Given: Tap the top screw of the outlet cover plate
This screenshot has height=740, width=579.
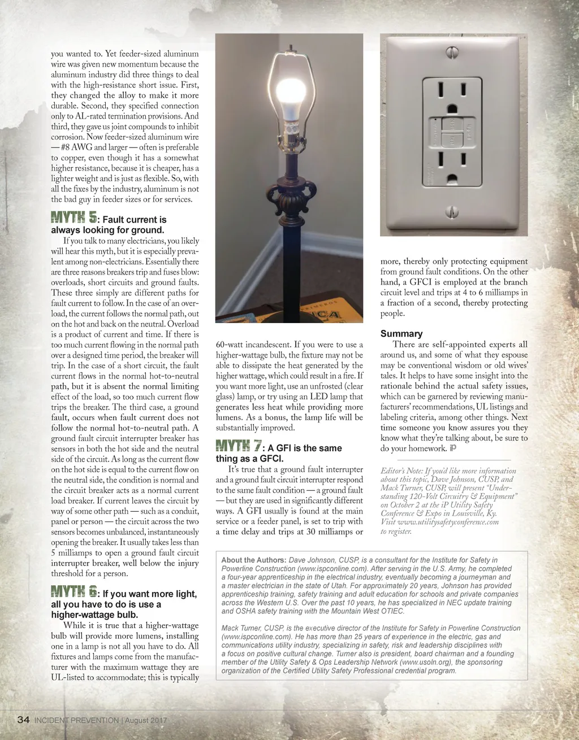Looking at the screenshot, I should (x=451, y=52).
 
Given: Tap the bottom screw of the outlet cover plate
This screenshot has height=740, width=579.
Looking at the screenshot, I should (x=451, y=212).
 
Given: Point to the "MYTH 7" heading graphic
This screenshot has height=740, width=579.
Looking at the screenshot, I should (x=238, y=446).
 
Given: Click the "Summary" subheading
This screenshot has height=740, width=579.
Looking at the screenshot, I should (x=401, y=334).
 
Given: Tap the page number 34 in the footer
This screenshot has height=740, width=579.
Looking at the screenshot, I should (x=23, y=720).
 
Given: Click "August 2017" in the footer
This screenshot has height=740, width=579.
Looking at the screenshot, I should (x=146, y=720).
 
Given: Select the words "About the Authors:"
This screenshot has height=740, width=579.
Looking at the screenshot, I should (x=253, y=560).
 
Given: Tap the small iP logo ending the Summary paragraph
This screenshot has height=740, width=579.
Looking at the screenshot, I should (x=453, y=449).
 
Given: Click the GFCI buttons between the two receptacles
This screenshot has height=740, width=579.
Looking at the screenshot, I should (x=451, y=131).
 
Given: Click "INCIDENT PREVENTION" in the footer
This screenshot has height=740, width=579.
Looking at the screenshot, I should (x=76, y=720).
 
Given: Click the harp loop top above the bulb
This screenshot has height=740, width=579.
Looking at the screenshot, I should (x=289, y=55).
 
